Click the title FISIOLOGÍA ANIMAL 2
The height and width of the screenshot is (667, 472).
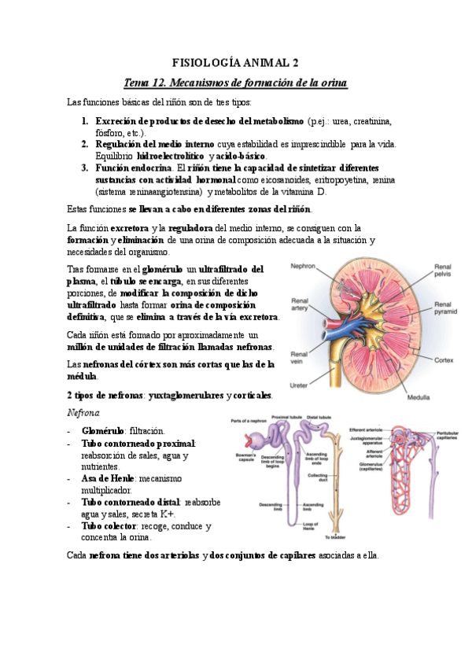coord(236,62)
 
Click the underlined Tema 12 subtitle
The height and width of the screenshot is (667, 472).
coord(236,83)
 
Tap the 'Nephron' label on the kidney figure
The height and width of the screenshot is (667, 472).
coord(303,267)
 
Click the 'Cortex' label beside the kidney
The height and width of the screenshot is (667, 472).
coord(443,360)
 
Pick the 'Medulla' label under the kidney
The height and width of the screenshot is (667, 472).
coord(419,398)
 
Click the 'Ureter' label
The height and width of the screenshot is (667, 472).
coord(301,385)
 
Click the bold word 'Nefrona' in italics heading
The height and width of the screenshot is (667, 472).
coord(83,412)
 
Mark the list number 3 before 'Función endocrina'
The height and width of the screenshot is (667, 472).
coord(85,168)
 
